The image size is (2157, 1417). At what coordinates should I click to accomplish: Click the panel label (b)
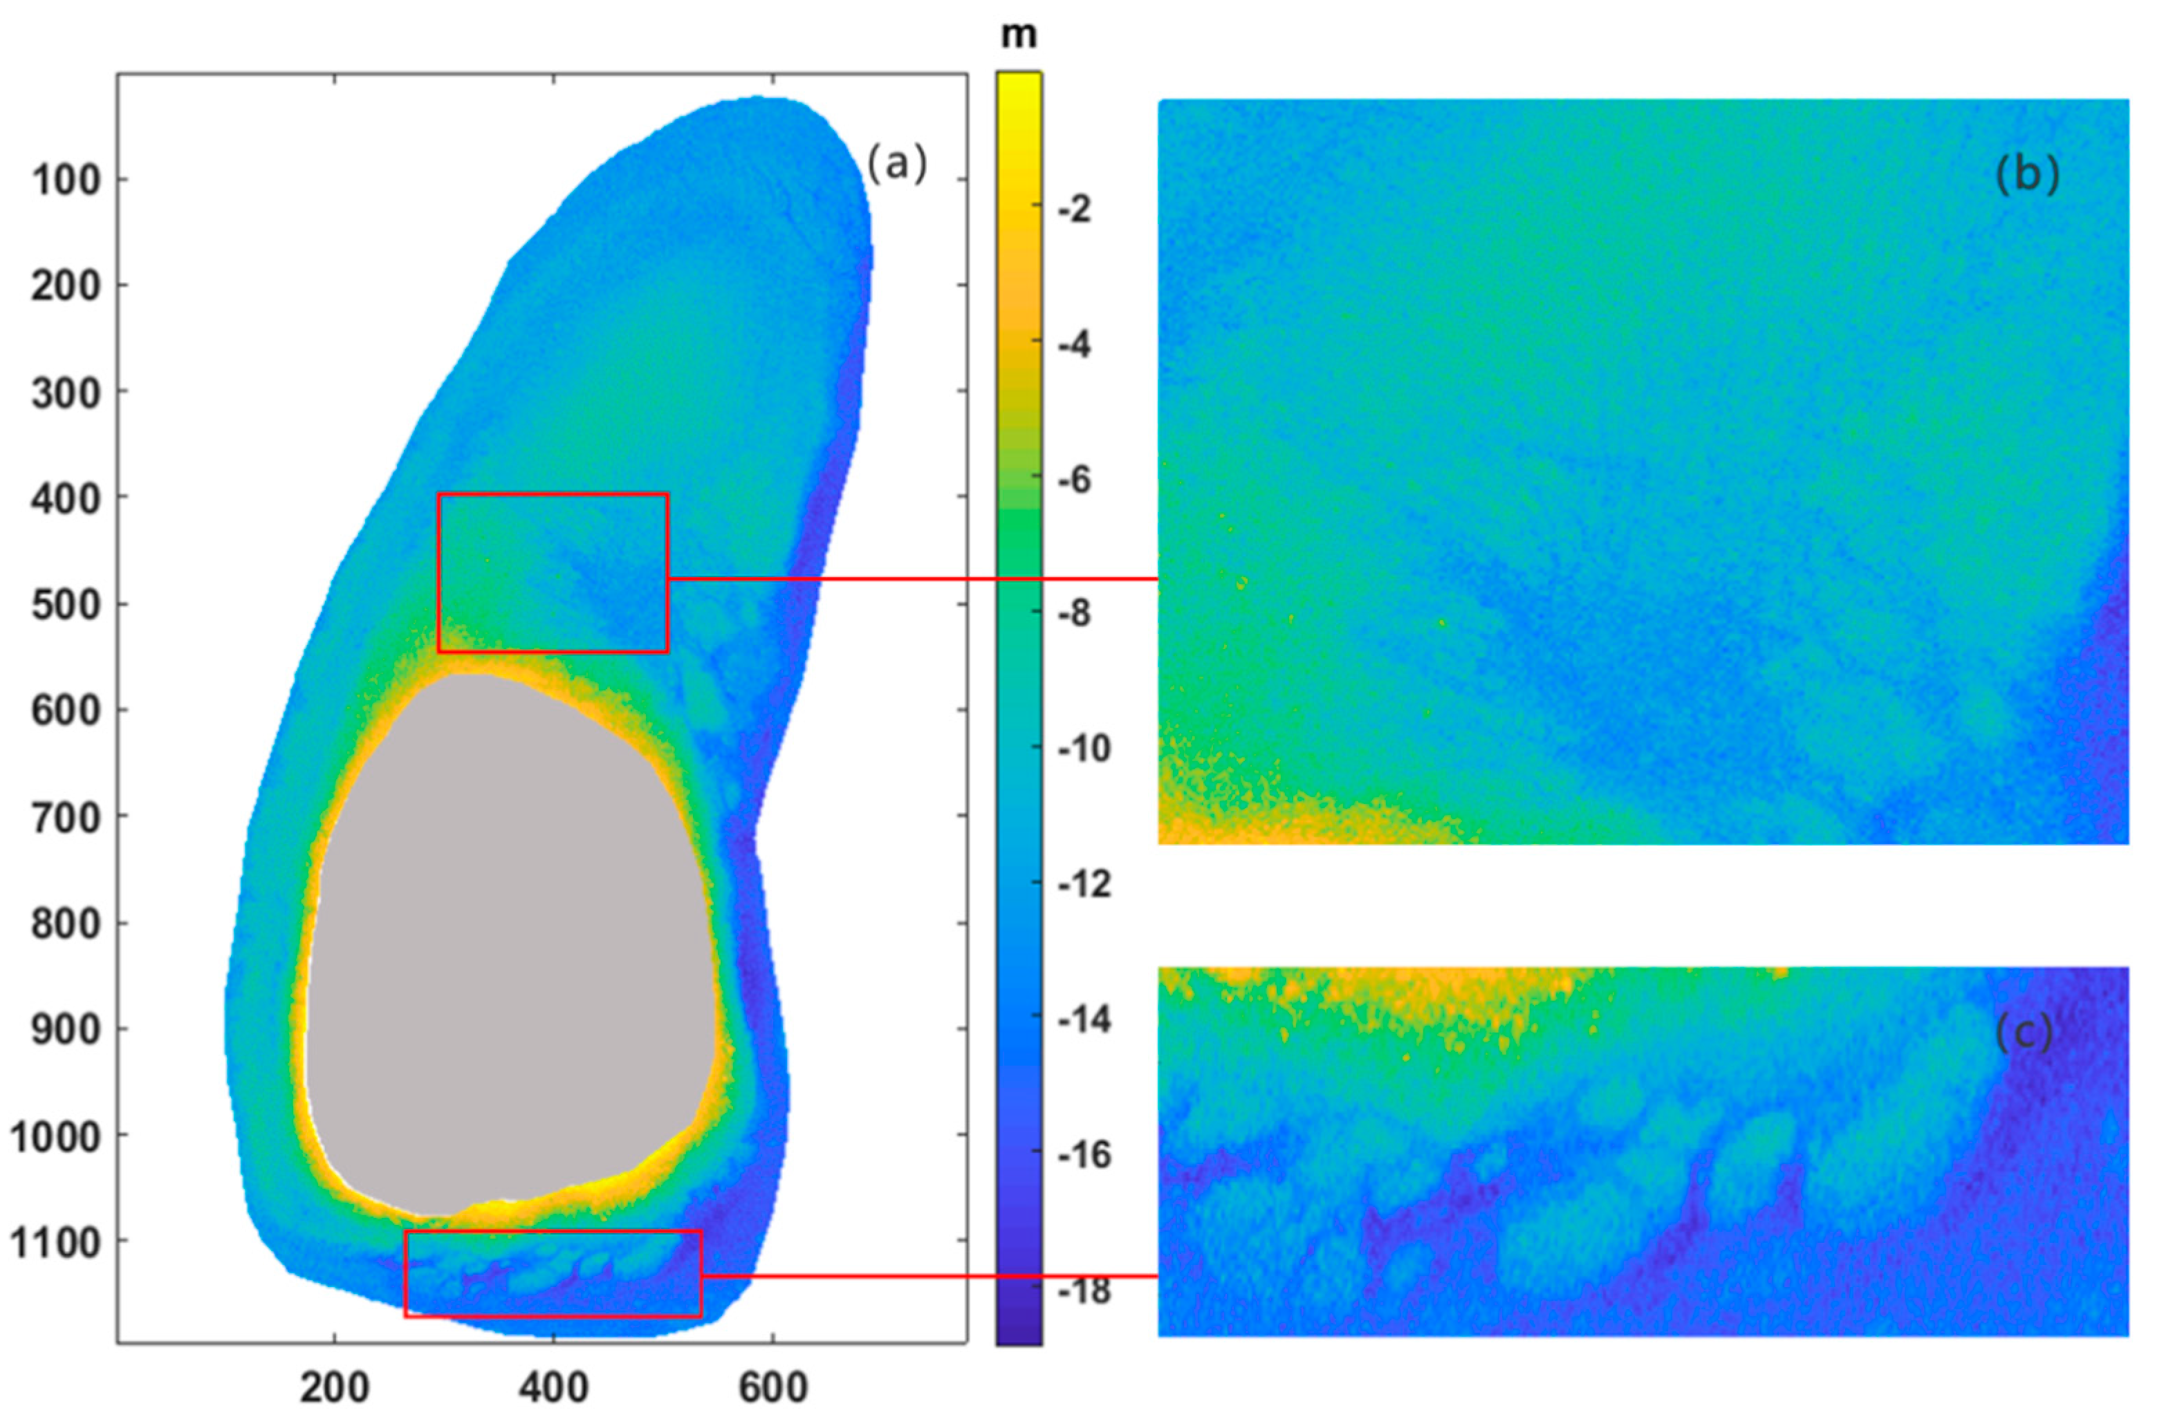[2026, 175]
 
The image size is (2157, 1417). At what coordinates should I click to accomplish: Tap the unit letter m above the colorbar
[1019, 35]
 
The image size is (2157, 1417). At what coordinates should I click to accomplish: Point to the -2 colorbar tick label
[1074, 210]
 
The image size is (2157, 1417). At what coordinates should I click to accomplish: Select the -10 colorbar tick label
[1083, 749]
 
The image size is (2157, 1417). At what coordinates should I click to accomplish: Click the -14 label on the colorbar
[1083, 1020]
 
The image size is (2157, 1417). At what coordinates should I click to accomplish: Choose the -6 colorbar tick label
[1074, 479]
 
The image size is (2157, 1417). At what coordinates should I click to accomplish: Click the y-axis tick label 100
[66, 180]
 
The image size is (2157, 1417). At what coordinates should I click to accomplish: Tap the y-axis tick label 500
[66, 604]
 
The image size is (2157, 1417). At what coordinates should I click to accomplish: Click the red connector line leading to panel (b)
[907, 578]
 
